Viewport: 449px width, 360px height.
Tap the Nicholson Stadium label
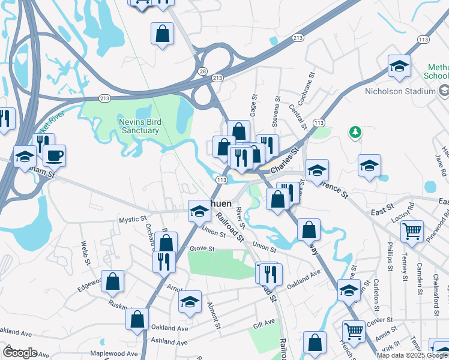[x=400, y=91]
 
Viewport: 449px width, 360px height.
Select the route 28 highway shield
[x=203, y=71]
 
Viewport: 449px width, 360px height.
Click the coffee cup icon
[x=54, y=155]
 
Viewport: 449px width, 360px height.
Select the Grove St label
[x=202, y=248]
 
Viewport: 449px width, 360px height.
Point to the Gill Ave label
[x=264, y=323]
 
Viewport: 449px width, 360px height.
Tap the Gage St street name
[x=254, y=105]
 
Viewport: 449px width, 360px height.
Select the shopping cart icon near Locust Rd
[x=412, y=230]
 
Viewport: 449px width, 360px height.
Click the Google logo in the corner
[x=20, y=352]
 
